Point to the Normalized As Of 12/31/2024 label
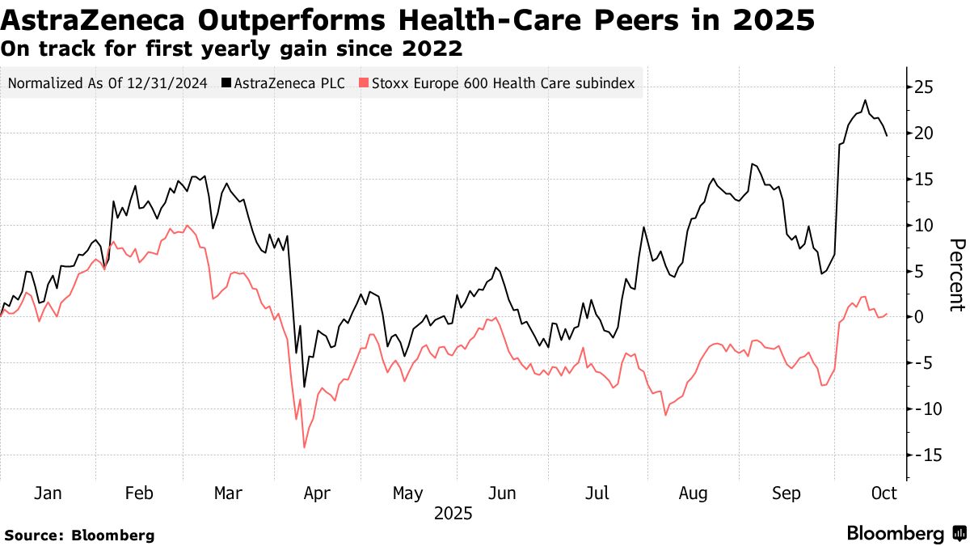coord(108,83)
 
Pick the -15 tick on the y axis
coord(924,455)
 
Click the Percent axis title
coord(956,275)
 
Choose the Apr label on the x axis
coord(316,493)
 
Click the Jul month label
coord(598,493)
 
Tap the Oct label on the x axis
coord(884,493)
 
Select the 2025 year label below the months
coord(453,514)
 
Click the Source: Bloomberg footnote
coord(79,535)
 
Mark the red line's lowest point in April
coord(304,447)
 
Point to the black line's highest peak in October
coord(865,100)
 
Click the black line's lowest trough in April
coord(304,387)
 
